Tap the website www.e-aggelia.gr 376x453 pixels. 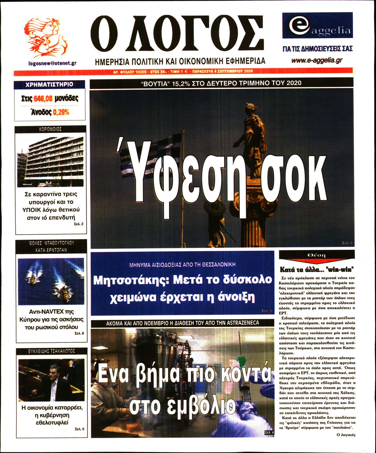[317, 60]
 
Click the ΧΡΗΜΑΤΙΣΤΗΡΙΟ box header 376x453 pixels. [50, 85]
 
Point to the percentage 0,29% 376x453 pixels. [61, 112]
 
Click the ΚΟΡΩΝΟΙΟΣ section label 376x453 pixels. [51, 129]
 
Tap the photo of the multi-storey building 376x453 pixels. [51, 161]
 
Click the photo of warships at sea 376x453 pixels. [51, 281]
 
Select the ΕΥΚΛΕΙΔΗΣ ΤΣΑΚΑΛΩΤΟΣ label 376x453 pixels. [52, 351]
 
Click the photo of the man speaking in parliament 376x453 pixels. [51, 380]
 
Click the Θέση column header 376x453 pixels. [317, 255]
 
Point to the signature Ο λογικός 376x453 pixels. [346, 435]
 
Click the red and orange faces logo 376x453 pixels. [47, 38]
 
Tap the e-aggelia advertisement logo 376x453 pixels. [317, 26]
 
